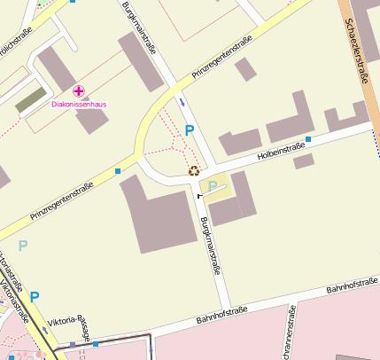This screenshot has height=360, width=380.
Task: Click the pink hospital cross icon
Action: coord(79,90)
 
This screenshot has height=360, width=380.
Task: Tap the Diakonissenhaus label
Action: coord(79,105)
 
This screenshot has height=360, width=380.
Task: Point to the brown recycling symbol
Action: coord(194,170)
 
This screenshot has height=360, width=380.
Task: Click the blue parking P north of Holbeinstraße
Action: coord(188,131)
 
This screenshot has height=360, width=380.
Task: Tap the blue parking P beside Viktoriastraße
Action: coord(35,297)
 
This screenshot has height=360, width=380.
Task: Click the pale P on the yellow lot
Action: coord(213,186)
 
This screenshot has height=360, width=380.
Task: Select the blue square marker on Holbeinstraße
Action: coord(308,139)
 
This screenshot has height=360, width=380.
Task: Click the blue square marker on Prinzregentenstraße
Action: coord(118,170)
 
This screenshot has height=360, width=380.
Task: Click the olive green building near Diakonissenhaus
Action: coord(29,98)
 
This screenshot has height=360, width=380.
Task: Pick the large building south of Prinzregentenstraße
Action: coord(159,213)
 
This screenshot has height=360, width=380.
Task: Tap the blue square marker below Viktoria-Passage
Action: coord(96,344)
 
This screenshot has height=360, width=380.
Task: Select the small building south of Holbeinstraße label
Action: coord(304,161)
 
